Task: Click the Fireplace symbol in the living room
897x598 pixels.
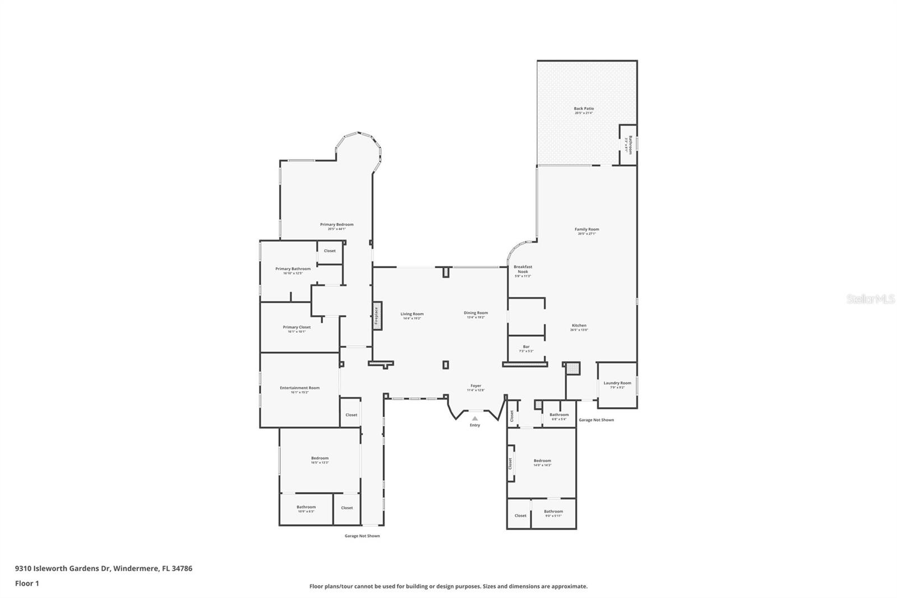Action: click(x=377, y=316)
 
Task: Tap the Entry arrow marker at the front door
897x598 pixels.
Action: click(x=475, y=418)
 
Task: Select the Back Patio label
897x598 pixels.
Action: click(x=584, y=109)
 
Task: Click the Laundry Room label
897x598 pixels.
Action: click(x=617, y=383)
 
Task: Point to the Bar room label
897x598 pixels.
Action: click(x=526, y=347)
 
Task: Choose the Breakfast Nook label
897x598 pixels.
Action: click(x=523, y=269)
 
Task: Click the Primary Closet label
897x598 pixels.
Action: click(x=297, y=327)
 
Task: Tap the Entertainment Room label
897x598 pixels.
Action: click(x=299, y=388)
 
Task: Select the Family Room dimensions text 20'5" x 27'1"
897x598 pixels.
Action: click(x=586, y=234)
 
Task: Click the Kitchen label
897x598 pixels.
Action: click(x=579, y=325)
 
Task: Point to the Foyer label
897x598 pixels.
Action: click(x=475, y=385)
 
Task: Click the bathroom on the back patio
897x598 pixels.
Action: click(x=628, y=145)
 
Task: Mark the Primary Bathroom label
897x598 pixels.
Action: click(x=293, y=269)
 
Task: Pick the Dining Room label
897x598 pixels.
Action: click(x=475, y=312)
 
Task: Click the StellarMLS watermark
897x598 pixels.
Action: click(x=870, y=300)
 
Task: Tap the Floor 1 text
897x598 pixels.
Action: click(x=27, y=583)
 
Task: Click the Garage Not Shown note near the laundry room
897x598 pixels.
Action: click(x=596, y=420)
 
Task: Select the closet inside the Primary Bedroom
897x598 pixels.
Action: click(x=330, y=251)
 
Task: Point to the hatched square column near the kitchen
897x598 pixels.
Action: click(x=572, y=369)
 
